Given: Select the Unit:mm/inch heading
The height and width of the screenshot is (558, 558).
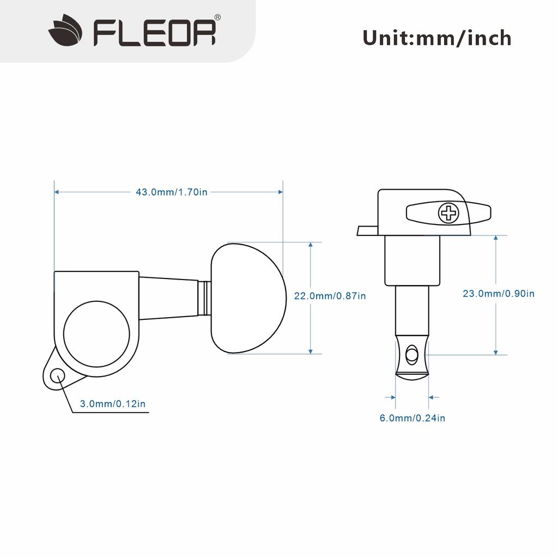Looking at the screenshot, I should point(436,38).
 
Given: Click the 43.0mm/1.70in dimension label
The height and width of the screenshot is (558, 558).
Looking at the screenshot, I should point(171,192).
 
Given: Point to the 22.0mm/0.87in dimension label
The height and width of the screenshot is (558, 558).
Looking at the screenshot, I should point(330,296).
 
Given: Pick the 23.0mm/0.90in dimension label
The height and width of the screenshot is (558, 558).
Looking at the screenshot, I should point(498,294).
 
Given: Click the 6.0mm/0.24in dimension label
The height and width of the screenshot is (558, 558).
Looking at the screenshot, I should point(412,418).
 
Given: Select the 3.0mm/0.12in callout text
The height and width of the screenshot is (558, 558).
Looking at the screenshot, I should point(112,404).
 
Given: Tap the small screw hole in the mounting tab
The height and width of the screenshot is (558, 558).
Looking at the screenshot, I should point(57,375).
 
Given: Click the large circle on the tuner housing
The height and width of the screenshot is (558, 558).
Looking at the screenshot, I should point(96,333).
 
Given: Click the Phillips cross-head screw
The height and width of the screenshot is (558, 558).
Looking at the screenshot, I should point(449,213).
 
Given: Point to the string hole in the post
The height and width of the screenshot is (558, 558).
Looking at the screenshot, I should point(411,355).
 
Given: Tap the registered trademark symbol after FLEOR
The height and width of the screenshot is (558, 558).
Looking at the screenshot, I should point(217,18).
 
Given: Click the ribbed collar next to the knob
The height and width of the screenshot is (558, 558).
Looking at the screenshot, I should point(205,298).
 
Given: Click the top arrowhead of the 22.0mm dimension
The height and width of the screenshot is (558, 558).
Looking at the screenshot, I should point(311,245).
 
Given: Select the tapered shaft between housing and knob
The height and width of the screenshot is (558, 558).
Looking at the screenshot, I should point(169,297).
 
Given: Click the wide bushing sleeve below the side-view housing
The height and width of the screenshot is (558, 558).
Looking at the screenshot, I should point(412,260).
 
